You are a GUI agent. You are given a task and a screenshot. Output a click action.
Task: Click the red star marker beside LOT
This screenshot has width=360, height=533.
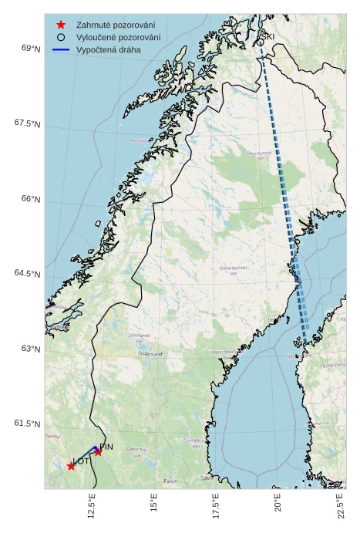pos(71,466)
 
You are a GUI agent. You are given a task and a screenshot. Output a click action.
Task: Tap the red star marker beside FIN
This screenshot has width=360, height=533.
pos(98,452)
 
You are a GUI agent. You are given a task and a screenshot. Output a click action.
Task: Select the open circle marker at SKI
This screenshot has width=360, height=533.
pos(259,35)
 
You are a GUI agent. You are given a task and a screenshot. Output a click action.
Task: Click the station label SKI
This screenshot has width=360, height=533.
pos(268,36)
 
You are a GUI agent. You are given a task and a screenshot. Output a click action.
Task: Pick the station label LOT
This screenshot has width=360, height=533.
pos(81,461)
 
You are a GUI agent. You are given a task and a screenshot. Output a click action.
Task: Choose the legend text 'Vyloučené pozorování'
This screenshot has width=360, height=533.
pos(119,37)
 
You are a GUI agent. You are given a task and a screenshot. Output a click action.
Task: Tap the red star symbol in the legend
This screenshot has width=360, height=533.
pos(61,25)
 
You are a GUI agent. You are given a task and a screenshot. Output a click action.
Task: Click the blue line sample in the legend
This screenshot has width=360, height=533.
pos(61,49)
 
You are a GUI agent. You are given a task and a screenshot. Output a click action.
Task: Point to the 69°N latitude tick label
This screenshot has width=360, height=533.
pos(31,49)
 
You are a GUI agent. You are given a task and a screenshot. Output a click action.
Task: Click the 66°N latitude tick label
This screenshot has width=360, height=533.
pos(31,199)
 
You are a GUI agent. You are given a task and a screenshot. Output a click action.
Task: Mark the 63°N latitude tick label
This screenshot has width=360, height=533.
pos(31,349)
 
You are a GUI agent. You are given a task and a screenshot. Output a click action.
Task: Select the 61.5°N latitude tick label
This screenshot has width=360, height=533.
pos(28,423)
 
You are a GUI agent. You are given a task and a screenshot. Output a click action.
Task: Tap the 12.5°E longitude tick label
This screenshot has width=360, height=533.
pos(92,506)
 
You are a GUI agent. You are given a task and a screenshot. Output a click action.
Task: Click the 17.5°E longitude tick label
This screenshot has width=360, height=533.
pos(217,506)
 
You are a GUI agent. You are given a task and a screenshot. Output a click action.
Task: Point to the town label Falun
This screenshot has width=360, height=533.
pos(170,481)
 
